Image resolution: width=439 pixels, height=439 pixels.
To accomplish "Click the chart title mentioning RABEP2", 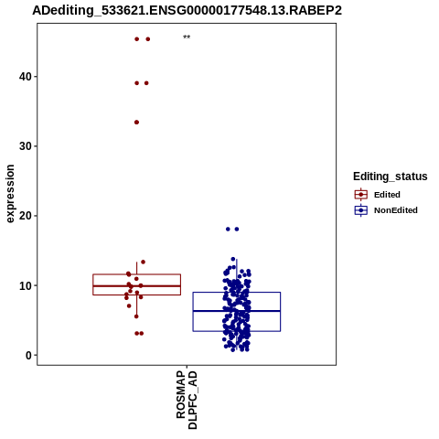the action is (x=187, y=11).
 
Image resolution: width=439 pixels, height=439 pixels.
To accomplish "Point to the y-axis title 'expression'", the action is (x=10, y=194).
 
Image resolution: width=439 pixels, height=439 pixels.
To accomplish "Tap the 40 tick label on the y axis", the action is (x=26, y=77).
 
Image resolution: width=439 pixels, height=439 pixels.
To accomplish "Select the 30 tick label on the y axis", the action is (x=26, y=146).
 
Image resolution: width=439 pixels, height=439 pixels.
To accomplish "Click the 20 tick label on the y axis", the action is (x=26, y=216).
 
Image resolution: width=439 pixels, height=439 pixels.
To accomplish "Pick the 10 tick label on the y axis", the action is (x=26, y=285).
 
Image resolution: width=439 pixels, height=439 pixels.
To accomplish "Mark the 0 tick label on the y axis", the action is (x=28, y=355).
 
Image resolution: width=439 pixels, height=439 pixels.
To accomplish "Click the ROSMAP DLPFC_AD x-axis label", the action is (x=187, y=400).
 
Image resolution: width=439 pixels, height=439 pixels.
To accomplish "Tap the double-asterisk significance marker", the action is (x=187, y=37).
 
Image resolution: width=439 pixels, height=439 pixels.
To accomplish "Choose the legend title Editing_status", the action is (x=391, y=177).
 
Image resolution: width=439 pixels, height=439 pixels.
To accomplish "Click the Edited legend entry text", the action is (x=387, y=195).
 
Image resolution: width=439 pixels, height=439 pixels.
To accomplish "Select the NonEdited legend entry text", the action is (x=396, y=210).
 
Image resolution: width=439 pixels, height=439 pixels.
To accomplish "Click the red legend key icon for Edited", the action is (x=361, y=195).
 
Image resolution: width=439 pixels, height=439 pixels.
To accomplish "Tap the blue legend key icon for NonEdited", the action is (x=361, y=210).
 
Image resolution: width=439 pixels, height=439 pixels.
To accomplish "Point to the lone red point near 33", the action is (x=136, y=123).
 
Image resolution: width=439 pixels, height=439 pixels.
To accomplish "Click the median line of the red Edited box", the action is (x=136, y=286).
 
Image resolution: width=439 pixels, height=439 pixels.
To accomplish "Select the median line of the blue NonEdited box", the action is (x=237, y=311).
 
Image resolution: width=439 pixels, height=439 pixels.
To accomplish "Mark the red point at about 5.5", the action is (x=136, y=316).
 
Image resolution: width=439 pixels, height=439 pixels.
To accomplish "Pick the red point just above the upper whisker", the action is (x=143, y=262).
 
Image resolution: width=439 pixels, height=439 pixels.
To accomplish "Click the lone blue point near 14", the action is (x=233, y=259).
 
